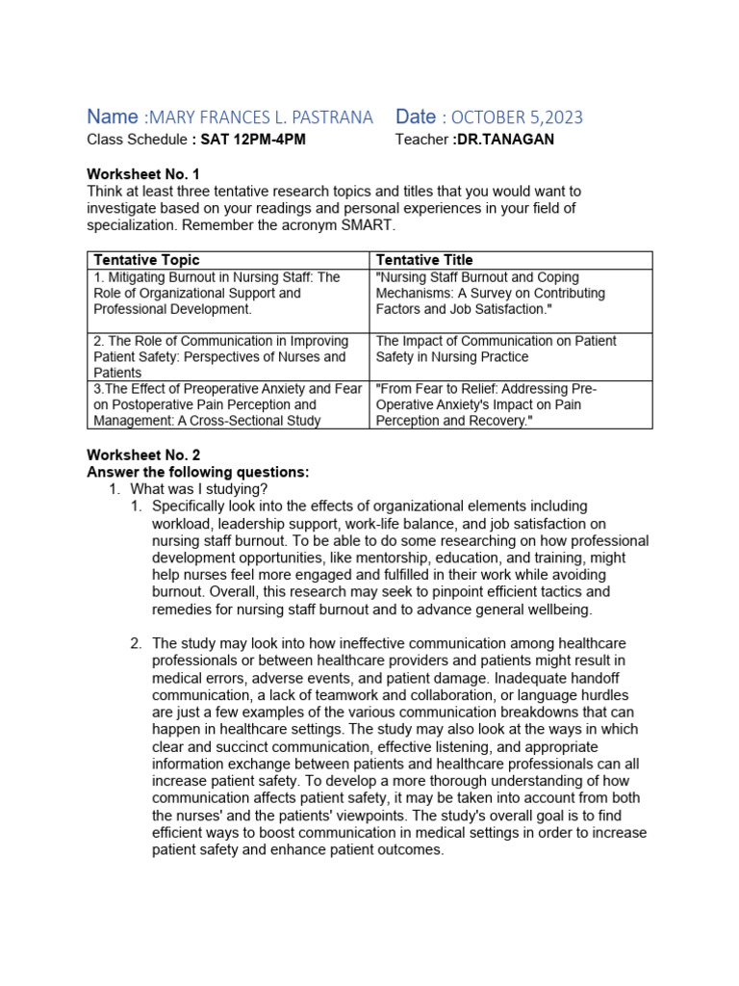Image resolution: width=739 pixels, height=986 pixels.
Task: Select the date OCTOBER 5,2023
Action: [x=516, y=117]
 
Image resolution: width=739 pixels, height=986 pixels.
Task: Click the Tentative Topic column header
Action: [x=147, y=260]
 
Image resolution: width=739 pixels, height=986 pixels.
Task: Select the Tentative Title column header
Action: [x=424, y=260]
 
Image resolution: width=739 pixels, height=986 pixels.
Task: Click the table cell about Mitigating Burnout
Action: [x=227, y=293]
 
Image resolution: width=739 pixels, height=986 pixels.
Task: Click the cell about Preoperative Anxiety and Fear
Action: [x=227, y=404]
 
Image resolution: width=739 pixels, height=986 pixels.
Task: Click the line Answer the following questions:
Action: [x=199, y=472]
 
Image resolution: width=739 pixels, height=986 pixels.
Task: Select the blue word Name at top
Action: [x=113, y=117]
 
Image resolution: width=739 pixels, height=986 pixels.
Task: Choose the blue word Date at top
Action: [x=416, y=117]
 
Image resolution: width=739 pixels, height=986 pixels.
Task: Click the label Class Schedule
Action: [x=137, y=140]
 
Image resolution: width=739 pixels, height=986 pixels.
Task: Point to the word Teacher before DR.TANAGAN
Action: [x=421, y=140]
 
